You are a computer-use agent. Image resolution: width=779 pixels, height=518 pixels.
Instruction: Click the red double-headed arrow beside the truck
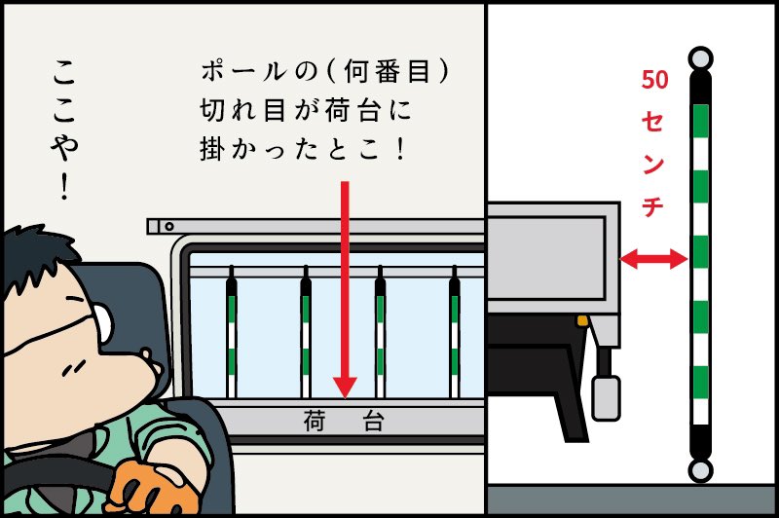click(x=654, y=258)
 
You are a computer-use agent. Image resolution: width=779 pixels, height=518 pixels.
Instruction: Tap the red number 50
click(x=654, y=81)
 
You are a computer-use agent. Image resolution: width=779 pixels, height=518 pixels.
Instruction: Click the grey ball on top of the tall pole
click(x=699, y=57)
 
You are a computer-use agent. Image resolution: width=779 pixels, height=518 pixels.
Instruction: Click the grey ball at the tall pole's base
click(x=699, y=472)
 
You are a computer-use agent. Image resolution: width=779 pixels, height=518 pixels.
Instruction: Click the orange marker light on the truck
click(x=583, y=320)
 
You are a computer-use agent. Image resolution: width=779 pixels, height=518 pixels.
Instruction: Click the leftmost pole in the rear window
click(x=231, y=331)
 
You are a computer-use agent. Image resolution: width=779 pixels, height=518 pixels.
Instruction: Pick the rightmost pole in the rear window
click(x=455, y=331)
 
